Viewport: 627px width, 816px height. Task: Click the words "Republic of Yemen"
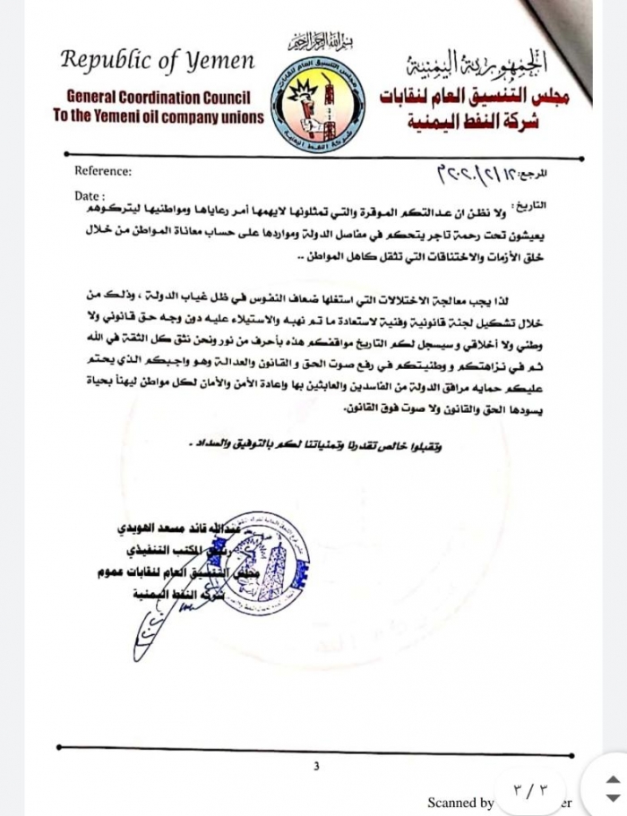coord(158,62)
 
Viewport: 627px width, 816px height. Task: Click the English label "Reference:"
coord(103,170)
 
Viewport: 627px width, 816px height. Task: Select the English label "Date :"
coord(89,194)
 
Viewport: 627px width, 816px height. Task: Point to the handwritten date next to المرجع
coord(476,172)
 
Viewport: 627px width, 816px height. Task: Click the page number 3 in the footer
coord(315,766)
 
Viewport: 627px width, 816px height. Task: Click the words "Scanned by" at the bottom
coord(460,803)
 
